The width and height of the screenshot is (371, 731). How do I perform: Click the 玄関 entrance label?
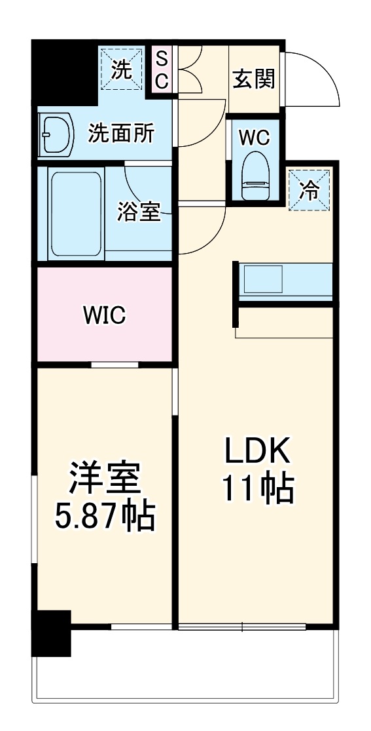point(254,81)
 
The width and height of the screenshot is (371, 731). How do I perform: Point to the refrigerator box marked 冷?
point(309,190)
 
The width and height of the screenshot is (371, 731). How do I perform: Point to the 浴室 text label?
point(139,212)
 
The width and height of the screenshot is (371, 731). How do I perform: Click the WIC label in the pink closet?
point(104,315)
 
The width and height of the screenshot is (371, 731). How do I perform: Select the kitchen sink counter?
point(284,281)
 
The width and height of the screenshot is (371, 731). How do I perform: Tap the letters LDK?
point(257,451)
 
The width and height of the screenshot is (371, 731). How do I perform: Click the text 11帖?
point(257,488)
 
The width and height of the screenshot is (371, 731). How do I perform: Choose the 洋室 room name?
point(105,481)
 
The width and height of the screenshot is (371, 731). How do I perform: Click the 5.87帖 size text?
point(105,517)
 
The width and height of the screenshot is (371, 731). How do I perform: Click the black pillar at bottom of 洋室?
point(52,633)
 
